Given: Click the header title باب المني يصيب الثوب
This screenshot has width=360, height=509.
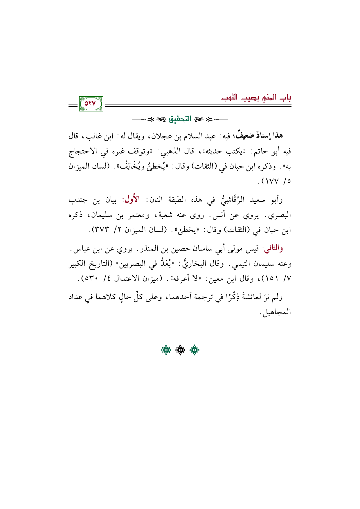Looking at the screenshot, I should click(256, 98).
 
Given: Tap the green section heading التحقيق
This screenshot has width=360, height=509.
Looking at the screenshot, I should click(182, 119).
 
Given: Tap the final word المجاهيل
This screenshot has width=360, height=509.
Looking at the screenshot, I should click(276, 313).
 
